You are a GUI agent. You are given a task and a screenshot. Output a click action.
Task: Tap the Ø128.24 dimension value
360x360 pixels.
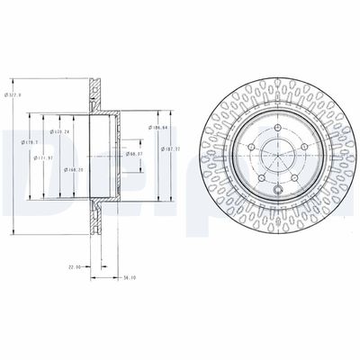(61, 131)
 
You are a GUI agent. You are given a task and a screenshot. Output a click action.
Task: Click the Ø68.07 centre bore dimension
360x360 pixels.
(136, 154)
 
